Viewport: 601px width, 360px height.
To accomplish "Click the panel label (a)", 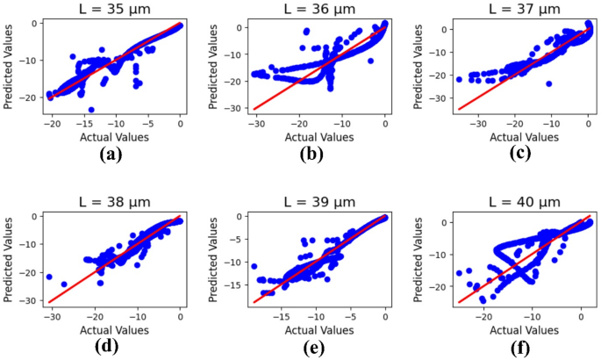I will [x=110, y=155].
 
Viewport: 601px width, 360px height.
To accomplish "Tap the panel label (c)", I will [x=518, y=155].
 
